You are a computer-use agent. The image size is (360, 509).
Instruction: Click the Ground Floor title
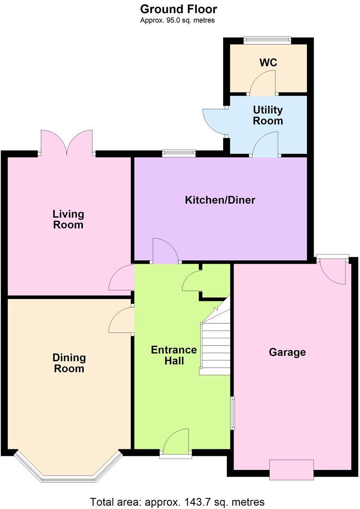179,9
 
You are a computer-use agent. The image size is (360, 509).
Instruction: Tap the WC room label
268,63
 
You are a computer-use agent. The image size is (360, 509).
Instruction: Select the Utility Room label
268,116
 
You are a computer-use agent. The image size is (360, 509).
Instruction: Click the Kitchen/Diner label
220,200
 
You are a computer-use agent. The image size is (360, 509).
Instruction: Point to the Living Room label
68,219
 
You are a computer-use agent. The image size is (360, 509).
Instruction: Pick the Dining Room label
69,363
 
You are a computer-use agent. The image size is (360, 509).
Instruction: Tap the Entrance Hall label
174,355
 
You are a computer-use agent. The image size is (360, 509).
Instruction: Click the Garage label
287,353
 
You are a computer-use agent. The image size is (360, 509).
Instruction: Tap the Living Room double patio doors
67,143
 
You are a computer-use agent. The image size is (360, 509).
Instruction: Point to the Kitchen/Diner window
179,153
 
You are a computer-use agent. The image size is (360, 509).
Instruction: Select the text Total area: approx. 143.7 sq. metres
178,502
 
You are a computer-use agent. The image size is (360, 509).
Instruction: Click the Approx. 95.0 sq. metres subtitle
178,20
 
